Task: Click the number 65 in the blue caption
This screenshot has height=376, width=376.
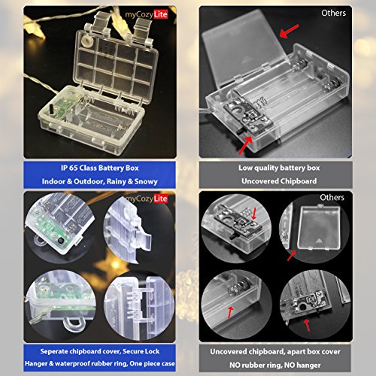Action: click(x=73, y=168)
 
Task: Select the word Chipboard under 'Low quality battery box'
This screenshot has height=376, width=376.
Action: click(x=298, y=181)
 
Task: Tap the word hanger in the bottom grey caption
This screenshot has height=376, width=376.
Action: click(x=309, y=365)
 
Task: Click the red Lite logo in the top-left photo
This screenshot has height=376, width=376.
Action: click(x=160, y=14)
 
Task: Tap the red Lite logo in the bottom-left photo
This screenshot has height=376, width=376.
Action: click(x=160, y=199)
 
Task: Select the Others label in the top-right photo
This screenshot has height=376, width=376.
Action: click(x=334, y=13)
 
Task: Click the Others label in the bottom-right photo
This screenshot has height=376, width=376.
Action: click(x=332, y=198)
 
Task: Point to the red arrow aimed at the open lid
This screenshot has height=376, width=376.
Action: click(x=289, y=31)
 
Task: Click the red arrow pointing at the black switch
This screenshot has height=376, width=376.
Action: click(x=245, y=145)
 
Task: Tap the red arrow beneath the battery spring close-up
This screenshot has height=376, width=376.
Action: click(x=230, y=312)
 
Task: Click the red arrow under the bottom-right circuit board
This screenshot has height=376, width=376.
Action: click(x=307, y=325)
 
